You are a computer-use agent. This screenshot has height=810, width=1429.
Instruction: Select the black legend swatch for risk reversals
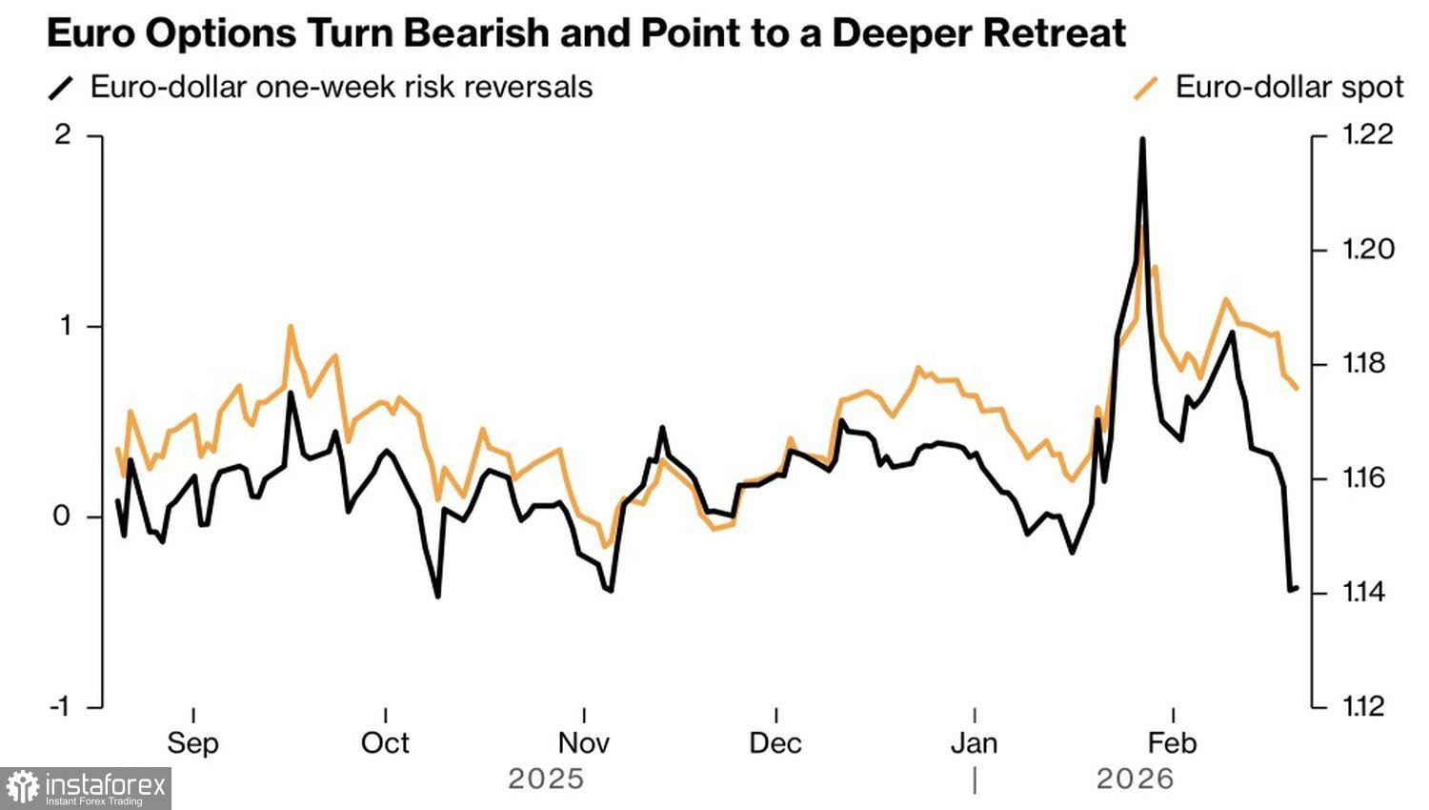coord(61,88)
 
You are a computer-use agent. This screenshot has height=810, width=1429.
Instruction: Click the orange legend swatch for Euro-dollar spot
coord(1147,88)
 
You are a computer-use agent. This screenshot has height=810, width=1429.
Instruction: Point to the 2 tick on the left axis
coord(63,135)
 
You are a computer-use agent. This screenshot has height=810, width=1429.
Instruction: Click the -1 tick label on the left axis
coord(59,707)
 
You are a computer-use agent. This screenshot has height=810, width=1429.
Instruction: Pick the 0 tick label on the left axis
coord(63,516)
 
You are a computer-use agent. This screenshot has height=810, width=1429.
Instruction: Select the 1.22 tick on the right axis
coord(1368,135)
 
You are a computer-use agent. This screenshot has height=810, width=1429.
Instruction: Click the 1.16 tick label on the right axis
coord(1367,478)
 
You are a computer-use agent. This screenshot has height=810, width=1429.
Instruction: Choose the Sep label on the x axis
coord(192,743)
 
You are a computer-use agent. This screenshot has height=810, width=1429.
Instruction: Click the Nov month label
coord(583,743)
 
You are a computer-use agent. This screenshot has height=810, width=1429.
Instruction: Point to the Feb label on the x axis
coord(1172,743)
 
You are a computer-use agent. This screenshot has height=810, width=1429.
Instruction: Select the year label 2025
coord(545,780)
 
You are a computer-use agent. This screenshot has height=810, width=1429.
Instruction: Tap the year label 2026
coord(1135,780)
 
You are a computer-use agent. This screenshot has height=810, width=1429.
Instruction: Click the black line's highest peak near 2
coord(1141,140)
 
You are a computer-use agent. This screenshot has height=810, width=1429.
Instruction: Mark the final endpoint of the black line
coord(1297,587)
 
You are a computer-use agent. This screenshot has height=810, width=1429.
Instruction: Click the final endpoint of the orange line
coord(1297,388)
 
